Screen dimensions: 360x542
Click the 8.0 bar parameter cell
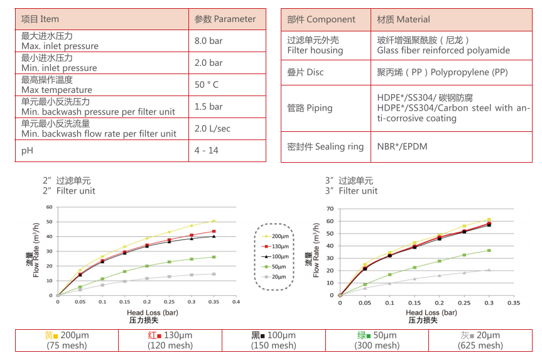(209, 41)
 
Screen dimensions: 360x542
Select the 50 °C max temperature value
(207, 85)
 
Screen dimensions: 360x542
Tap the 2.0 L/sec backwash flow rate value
(212, 128)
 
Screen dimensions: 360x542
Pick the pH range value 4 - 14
(207, 150)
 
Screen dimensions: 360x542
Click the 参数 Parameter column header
(225, 19)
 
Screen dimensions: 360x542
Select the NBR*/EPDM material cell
(402, 146)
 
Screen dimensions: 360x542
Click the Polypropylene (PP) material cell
(442, 72)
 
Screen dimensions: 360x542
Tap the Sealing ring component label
(325, 146)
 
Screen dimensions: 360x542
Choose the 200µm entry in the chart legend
(278, 236)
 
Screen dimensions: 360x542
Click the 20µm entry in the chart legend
(278, 276)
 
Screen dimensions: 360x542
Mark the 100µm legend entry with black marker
(278, 256)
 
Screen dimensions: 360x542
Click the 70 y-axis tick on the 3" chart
(330, 208)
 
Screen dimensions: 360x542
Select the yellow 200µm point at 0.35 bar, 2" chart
(214, 221)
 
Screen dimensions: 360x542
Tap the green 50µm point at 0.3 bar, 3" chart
(489, 251)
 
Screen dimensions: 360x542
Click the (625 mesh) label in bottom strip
(480, 346)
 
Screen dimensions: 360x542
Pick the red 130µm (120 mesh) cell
(170, 341)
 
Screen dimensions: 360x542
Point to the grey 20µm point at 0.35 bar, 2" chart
(214, 274)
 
